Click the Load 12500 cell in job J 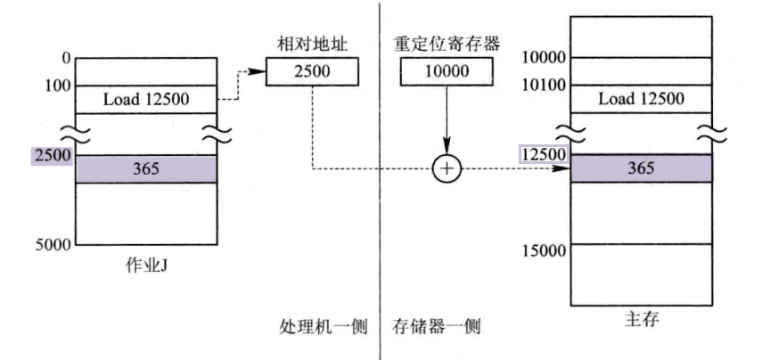click(x=145, y=99)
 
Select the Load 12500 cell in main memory click(x=641, y=98)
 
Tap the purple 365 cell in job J click(x=145, y=168)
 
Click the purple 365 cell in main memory click(x=641, y=168)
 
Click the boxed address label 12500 click(x=543, y=154)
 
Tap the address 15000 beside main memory click(x=543, y=250)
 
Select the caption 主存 click(x=641, y=319)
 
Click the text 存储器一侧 click(x=437, y=327)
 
